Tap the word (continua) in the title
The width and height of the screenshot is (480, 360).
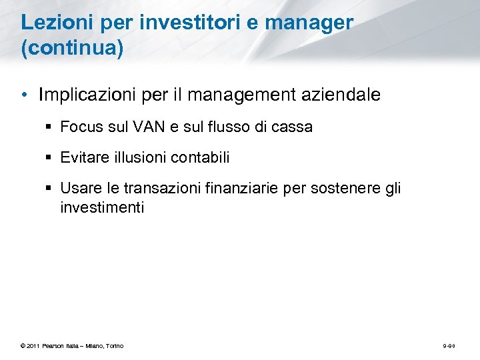(72, 50)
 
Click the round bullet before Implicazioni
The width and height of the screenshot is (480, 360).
(24, 95)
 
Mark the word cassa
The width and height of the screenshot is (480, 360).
(294, 127)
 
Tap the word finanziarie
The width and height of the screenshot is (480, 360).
(241, 189)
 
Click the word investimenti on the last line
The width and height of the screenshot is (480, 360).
(102, 207)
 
